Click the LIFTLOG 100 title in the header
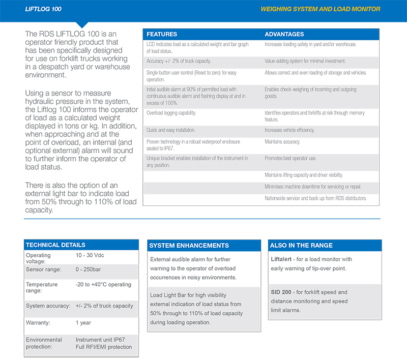click(x=43, y=9)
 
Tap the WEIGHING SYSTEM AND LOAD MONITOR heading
click(x=320, y=9)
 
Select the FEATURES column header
click(x=162, y=35)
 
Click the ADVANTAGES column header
click(x=284, y=35)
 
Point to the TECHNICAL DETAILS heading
click(x=55, y=245)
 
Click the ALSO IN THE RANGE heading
click(x=301, y=246)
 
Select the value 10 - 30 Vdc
click(x=90, y=255)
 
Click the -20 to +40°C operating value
click(x=103, y=285)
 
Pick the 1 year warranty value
click(x=83, y=322)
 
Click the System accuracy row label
click(x=47, y=306)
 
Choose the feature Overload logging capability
click(x=171, y=113)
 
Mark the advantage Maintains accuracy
click(x=282, y=142)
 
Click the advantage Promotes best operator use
click(x=290, y=159)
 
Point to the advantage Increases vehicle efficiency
click(x=289, y=130)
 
